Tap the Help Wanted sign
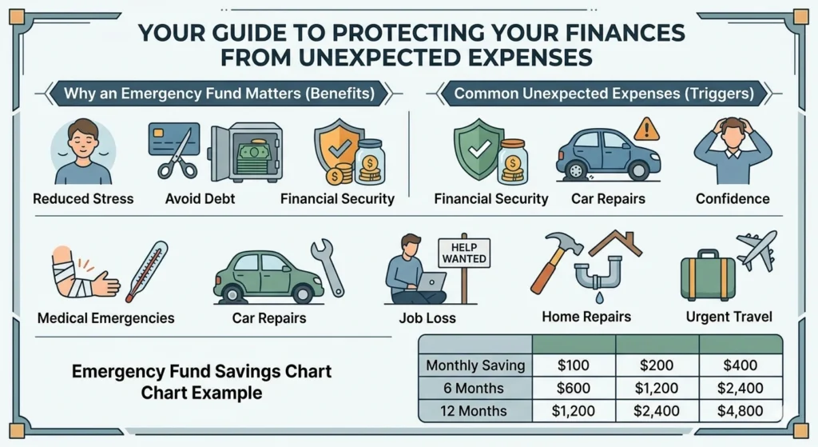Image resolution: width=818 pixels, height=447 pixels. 463,254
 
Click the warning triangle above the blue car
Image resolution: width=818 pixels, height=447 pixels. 646,128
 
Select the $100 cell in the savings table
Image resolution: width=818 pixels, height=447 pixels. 574,365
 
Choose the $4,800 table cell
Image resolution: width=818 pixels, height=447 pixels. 740,411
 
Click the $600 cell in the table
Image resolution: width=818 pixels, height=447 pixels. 574,389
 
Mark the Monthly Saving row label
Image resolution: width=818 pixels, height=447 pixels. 475,365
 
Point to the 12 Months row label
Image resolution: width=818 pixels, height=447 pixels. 475,411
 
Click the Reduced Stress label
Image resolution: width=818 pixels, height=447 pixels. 83,198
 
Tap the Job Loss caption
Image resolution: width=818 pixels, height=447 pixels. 427,317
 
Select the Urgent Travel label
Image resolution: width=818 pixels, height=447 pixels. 729,317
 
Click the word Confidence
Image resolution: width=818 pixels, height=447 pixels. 732,198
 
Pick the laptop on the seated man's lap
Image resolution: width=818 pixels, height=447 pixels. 431,281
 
